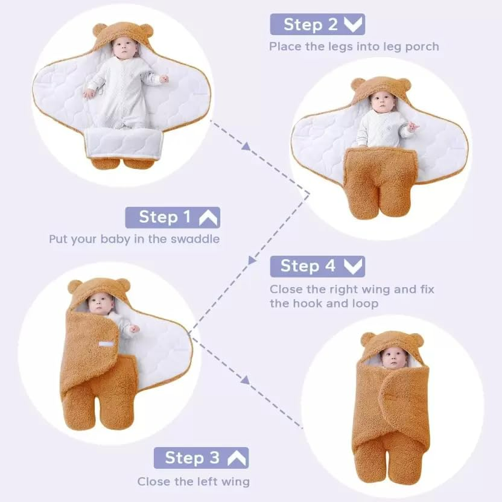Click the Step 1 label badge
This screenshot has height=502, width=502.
[173, 217]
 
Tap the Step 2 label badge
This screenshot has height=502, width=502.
[317, 24]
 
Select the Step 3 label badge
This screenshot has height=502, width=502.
[201, 458]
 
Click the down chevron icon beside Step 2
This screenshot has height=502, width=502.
[354, 25]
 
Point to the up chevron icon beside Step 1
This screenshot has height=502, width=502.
[208, 217]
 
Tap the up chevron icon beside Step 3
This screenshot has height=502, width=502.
[237, 458]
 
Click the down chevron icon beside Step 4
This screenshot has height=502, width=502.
[354, 266]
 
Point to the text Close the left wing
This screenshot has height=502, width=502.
[193, 481]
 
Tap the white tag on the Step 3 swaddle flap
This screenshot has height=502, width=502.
[106, 345]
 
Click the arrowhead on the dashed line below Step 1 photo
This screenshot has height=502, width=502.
[246, 145]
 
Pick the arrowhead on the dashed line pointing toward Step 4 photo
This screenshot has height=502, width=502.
[245, 380]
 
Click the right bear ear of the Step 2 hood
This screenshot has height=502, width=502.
[404, 84]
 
